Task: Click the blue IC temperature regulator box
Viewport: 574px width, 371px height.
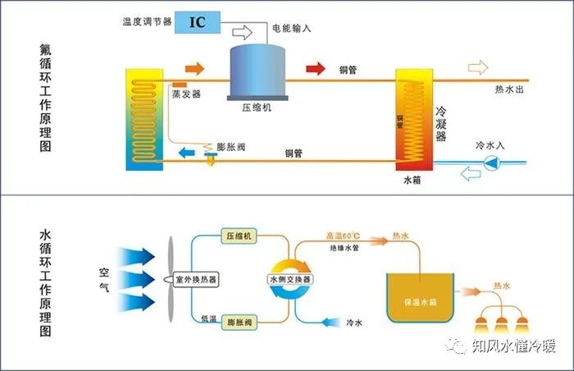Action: tap(198, 22)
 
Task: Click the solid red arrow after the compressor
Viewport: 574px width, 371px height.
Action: tap(314, 67)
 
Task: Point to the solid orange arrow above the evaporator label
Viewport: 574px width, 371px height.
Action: tap(194, 67)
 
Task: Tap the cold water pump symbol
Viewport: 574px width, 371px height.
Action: tap(490, 163)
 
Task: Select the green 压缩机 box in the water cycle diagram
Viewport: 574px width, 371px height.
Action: tap(239, 236)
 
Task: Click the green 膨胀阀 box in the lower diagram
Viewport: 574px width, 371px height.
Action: tap(239, 319)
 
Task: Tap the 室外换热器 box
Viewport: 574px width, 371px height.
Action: tap(197, 280)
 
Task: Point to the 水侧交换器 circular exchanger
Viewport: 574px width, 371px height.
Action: tap(290, 279)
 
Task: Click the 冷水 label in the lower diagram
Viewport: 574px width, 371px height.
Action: tap(355, 322)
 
